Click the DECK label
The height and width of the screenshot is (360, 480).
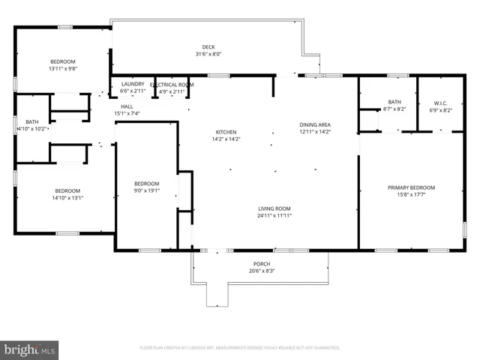tap(208, 46)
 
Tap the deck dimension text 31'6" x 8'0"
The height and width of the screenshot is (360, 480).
tap(208, 54)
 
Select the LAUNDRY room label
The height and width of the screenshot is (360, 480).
tap(132, 85)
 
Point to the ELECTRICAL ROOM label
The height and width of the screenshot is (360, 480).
tap(172, 85)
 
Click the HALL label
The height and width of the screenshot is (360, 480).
tap(127, 106)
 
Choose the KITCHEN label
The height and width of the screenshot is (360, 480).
tap(226, 132)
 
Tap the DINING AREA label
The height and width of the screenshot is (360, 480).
tap(315, 124)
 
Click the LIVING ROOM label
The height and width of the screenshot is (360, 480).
tap(273, 208)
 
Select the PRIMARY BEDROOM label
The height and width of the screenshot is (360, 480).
tap(411, 187)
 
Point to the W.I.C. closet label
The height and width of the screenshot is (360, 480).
tap(440, 103)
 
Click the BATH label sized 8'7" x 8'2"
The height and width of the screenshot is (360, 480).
tap(394, 102)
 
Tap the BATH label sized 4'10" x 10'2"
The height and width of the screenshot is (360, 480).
tap(32, 121)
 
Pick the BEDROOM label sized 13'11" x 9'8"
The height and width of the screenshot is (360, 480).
tap(62, 61)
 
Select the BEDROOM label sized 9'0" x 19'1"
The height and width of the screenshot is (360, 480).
tap(146, 184)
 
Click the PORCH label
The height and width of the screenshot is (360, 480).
tap(261, 264)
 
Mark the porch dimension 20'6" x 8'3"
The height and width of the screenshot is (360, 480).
tap(261, 271)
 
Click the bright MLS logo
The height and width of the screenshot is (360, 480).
tap(29, 349)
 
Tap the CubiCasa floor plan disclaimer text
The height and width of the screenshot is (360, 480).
tap(240, 348)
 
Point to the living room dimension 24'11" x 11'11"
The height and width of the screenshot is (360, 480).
tap(273, 216)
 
